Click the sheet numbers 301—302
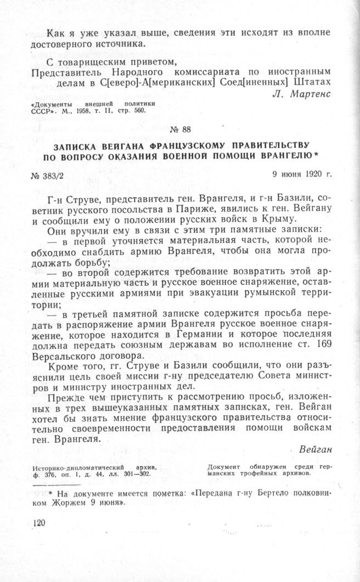(143, 474)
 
